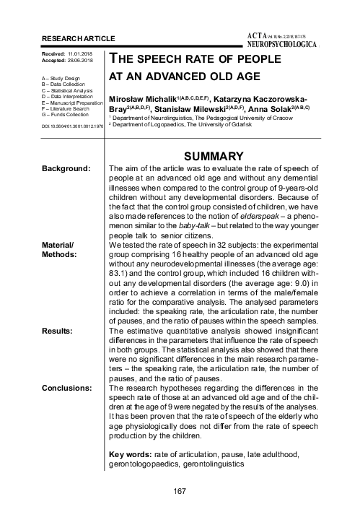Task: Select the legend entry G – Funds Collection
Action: click(x=67, y=113)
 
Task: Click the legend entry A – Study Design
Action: click(x=63, y=75)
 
